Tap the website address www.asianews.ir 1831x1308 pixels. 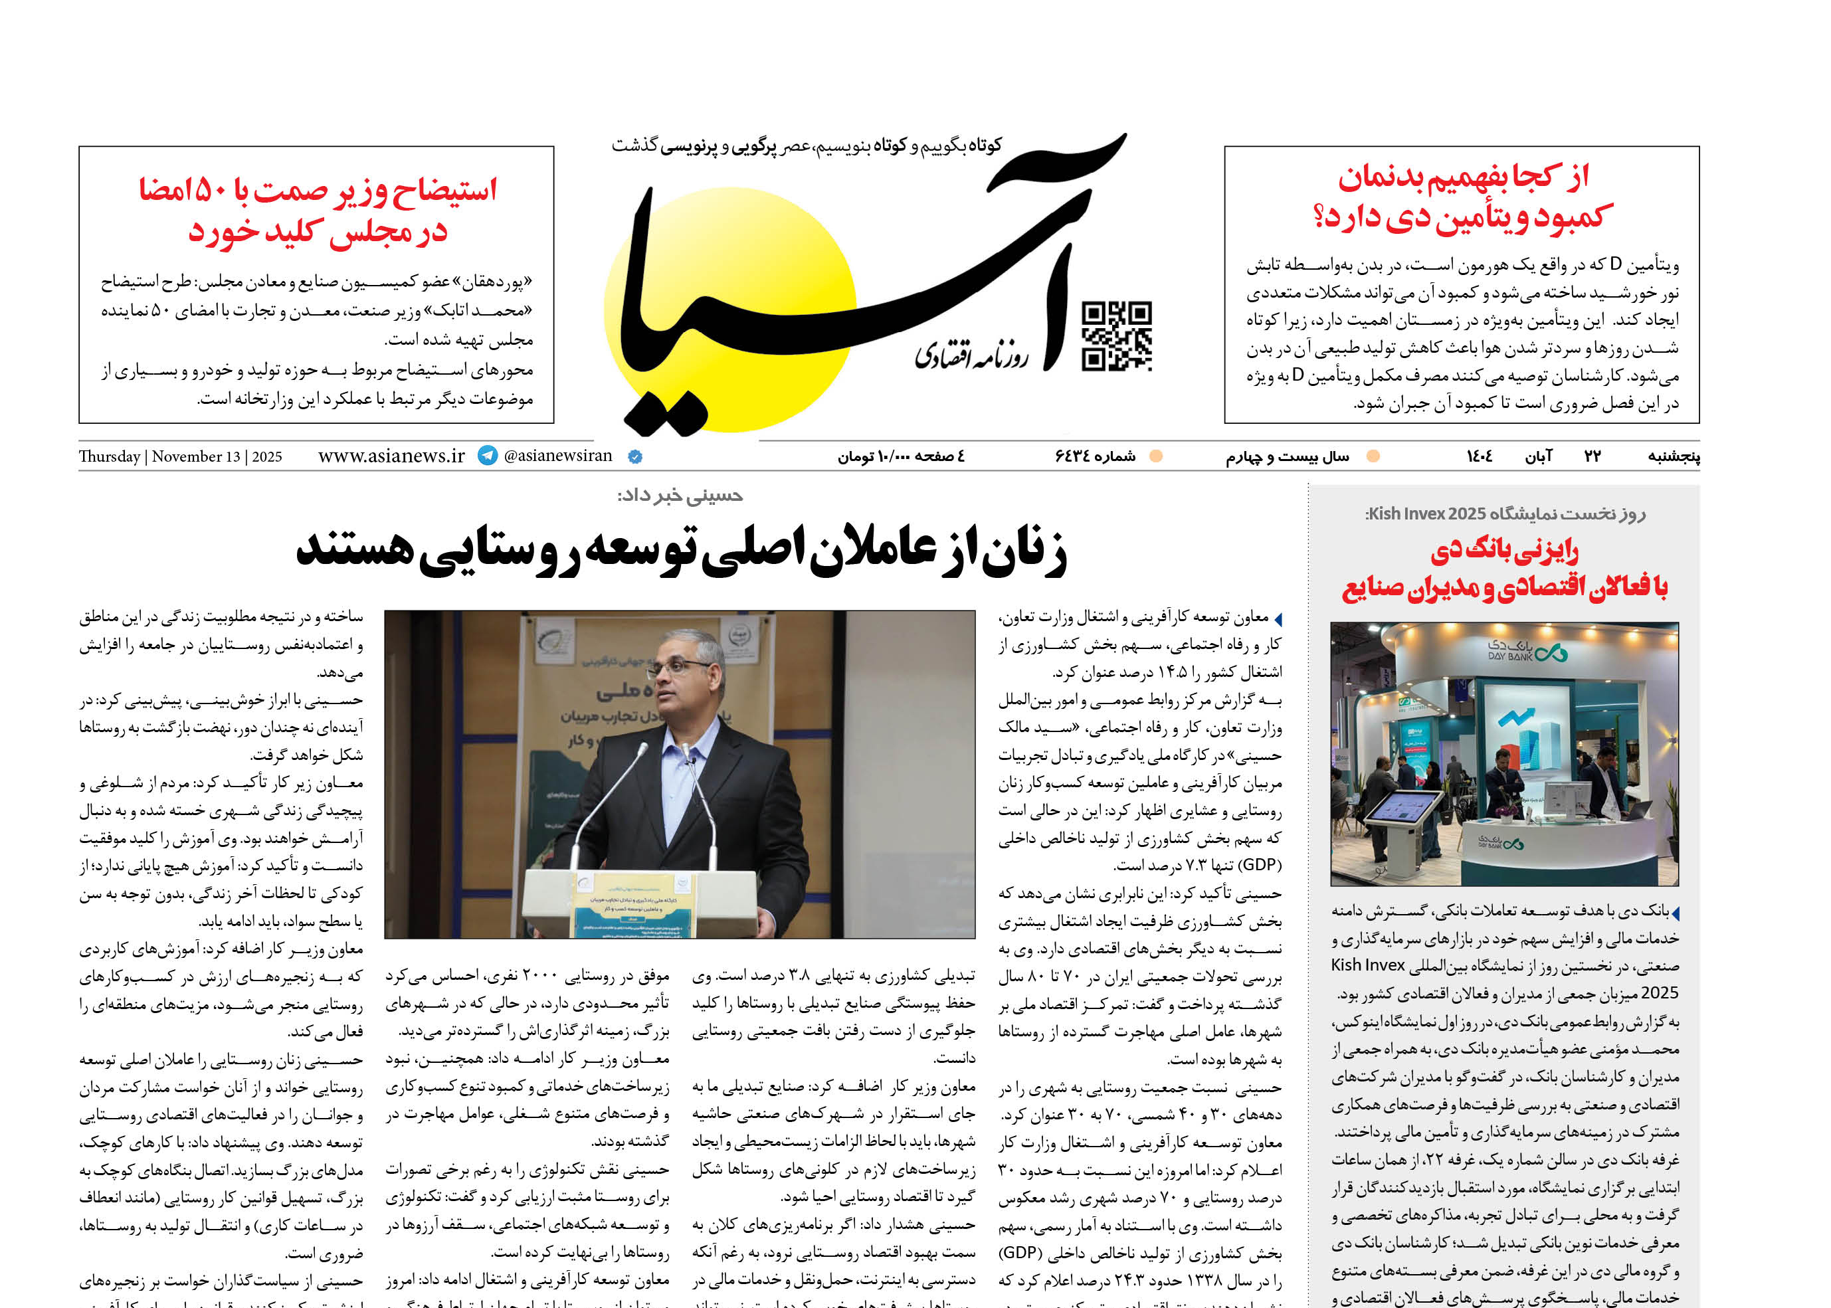[x=391, y=456]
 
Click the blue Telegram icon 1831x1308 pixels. [x=488, y=455]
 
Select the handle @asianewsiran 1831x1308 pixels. [x=557, y=456]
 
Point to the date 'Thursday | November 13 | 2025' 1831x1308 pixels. [x=181, y=456]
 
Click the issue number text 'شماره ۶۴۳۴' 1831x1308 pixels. [x=1095, y=456]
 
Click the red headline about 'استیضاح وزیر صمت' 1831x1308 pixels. [x=318, y=211]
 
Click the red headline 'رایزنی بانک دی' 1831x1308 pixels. [x=1504, y=551]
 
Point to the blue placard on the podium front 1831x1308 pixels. [x=621, y=909]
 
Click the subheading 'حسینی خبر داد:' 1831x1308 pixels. [x=680, y=496]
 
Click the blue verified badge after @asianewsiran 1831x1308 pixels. [x=634, y=456]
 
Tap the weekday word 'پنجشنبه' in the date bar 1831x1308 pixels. [x=1673, y=456]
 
